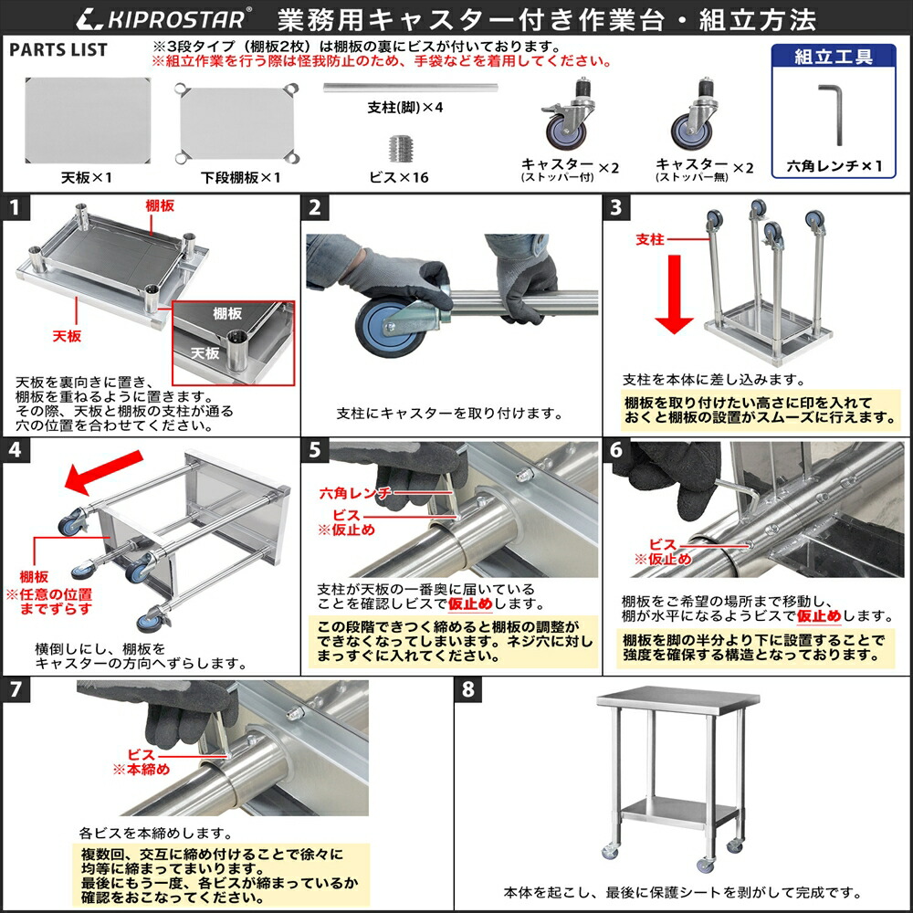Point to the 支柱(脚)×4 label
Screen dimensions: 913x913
click(x=404, y=107)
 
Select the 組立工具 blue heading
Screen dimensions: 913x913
click(x=833, y=57)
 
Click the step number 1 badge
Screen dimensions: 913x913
click(x=15, y=206)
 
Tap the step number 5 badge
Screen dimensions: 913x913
click(x=315, y=449)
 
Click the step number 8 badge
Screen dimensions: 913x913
click(x=467, y=689)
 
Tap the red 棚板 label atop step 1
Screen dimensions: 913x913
click(x=160, y=206)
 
